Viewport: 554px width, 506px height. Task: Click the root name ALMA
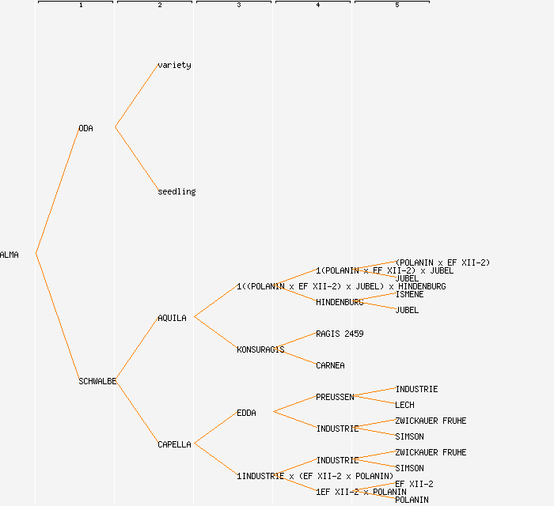(9, 255)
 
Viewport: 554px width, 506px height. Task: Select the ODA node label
(85, 128)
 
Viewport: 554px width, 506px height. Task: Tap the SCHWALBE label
(97, 381)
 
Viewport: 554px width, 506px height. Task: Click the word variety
(174, 65)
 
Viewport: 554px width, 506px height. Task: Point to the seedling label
(176, 191)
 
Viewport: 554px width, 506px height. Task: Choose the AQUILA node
(172, 318)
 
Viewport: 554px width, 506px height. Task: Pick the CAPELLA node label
(174, 444)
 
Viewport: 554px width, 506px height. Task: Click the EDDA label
(246, 413)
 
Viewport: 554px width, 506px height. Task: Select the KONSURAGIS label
(260, 349)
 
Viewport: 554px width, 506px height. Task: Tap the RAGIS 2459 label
(340, 334)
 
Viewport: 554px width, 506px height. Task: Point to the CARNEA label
(330, 365)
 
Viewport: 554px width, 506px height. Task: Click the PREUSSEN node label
(335, 397)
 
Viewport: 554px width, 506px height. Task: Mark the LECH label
(404, 405)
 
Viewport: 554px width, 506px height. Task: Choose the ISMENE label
(409, 294)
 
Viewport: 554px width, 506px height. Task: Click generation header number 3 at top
(238, 6)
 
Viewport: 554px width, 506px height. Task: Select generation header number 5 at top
(397, 6)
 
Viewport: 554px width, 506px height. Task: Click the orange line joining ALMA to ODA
(57, 191)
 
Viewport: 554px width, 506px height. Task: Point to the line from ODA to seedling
(136, 159)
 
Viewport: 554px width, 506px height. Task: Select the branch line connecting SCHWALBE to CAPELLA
(136, 412)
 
